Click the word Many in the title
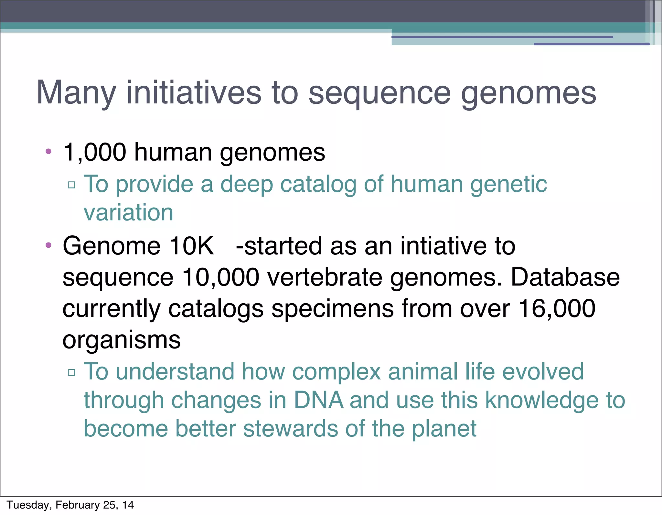(x=76, y=93)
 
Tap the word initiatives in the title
(x=194, y=92)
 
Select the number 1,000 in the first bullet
(x=95, y=152)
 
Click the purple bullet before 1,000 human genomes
(x=48, y=151)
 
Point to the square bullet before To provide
(x=72, y=185)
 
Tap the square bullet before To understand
(x=72, y=372)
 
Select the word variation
(x=129, y=213)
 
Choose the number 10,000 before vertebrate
(x=220, y=277)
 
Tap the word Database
(x=565, y=277)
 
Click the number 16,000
(x=557, y=308)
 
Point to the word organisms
(x=122, y=340)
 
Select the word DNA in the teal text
(x=318, y=400)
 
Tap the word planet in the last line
(x=444, y=429)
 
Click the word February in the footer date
(x=78, y=505)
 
